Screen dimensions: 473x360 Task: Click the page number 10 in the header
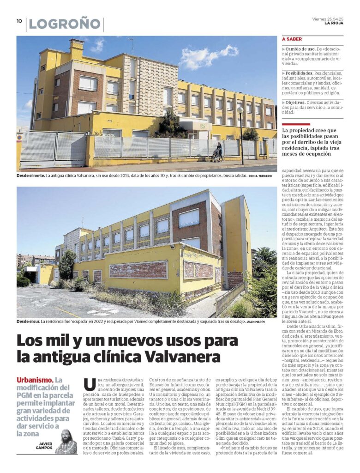19,21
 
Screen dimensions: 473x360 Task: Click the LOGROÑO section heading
65,24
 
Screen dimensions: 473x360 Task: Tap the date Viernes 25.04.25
328,19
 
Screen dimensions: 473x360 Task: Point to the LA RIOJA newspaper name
334,23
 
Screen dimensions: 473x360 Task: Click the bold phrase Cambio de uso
302,49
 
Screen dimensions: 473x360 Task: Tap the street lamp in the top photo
240,134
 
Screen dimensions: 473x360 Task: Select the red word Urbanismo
34,380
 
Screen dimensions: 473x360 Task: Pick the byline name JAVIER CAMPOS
45,444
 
